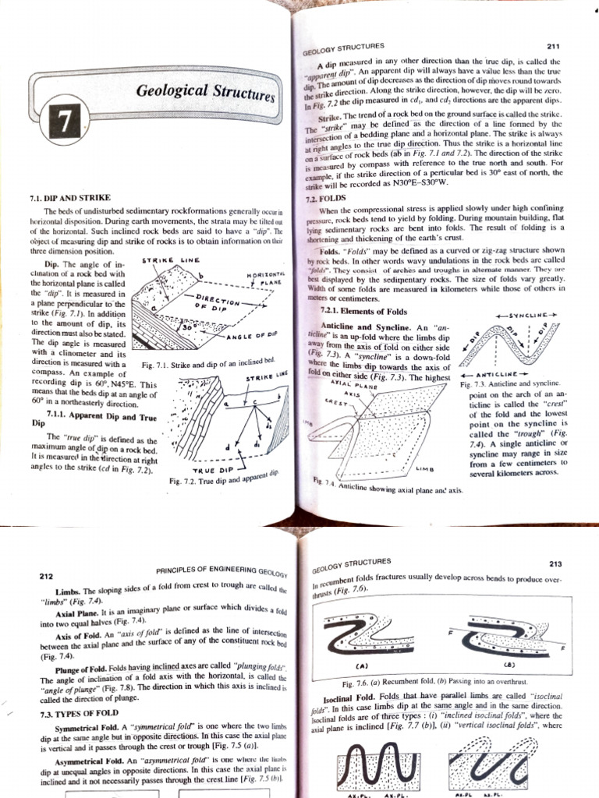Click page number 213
555,563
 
